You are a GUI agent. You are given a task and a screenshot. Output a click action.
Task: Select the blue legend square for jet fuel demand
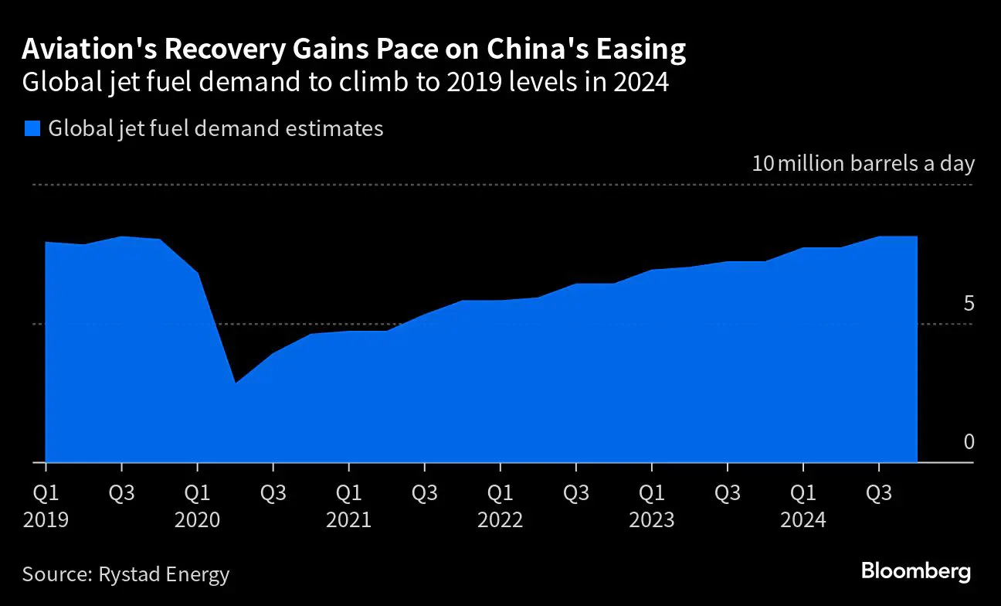point(32,128)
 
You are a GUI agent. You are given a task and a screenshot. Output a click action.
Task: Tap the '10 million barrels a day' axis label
point(863,164)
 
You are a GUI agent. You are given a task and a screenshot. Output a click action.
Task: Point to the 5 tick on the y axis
point(969,304)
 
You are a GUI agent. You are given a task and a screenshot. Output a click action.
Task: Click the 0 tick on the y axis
point(969,442)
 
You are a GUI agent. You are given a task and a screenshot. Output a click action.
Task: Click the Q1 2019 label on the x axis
point(46,506)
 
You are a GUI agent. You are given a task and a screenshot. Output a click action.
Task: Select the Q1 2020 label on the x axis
point(197,506)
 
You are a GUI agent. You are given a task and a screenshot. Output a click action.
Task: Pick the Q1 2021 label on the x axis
point(348,506)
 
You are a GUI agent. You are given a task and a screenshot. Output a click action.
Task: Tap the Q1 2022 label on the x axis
point(500,506)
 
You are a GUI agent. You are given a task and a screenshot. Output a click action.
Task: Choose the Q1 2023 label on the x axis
point(651,506)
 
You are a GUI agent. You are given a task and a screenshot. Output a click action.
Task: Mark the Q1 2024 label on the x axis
point(802,506)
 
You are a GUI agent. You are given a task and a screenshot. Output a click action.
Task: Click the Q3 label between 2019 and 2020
point(121,492)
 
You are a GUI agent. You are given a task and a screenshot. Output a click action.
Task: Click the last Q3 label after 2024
point(878,492)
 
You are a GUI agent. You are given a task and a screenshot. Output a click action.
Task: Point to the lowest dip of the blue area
point(235,383)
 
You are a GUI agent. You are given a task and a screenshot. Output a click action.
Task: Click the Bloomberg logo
point(915,572)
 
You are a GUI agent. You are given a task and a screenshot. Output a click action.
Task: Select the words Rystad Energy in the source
point(164,574)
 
